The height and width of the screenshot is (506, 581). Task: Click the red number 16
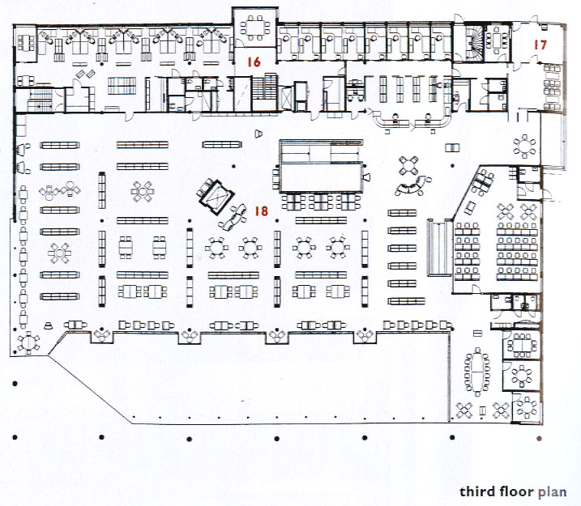point(254,62)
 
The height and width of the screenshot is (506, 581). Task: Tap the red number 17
point(540,45)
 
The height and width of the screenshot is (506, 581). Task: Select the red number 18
point(261,211)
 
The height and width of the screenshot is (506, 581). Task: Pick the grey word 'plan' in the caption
point(552,492)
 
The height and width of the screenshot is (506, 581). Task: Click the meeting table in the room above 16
point(255,28)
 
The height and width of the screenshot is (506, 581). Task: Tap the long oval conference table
point(478,372)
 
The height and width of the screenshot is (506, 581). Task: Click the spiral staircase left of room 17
point(475,43)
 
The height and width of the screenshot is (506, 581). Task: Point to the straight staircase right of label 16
point(264,87)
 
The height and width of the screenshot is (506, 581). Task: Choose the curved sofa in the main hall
point(412,186)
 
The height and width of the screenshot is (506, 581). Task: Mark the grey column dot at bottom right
point(539,438)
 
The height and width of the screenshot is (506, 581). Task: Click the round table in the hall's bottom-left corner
point(28,342)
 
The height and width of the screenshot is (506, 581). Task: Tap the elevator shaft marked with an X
point(288,97)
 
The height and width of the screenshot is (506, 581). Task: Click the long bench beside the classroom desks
point(440,248)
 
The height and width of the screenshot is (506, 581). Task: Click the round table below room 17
point(524,147)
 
